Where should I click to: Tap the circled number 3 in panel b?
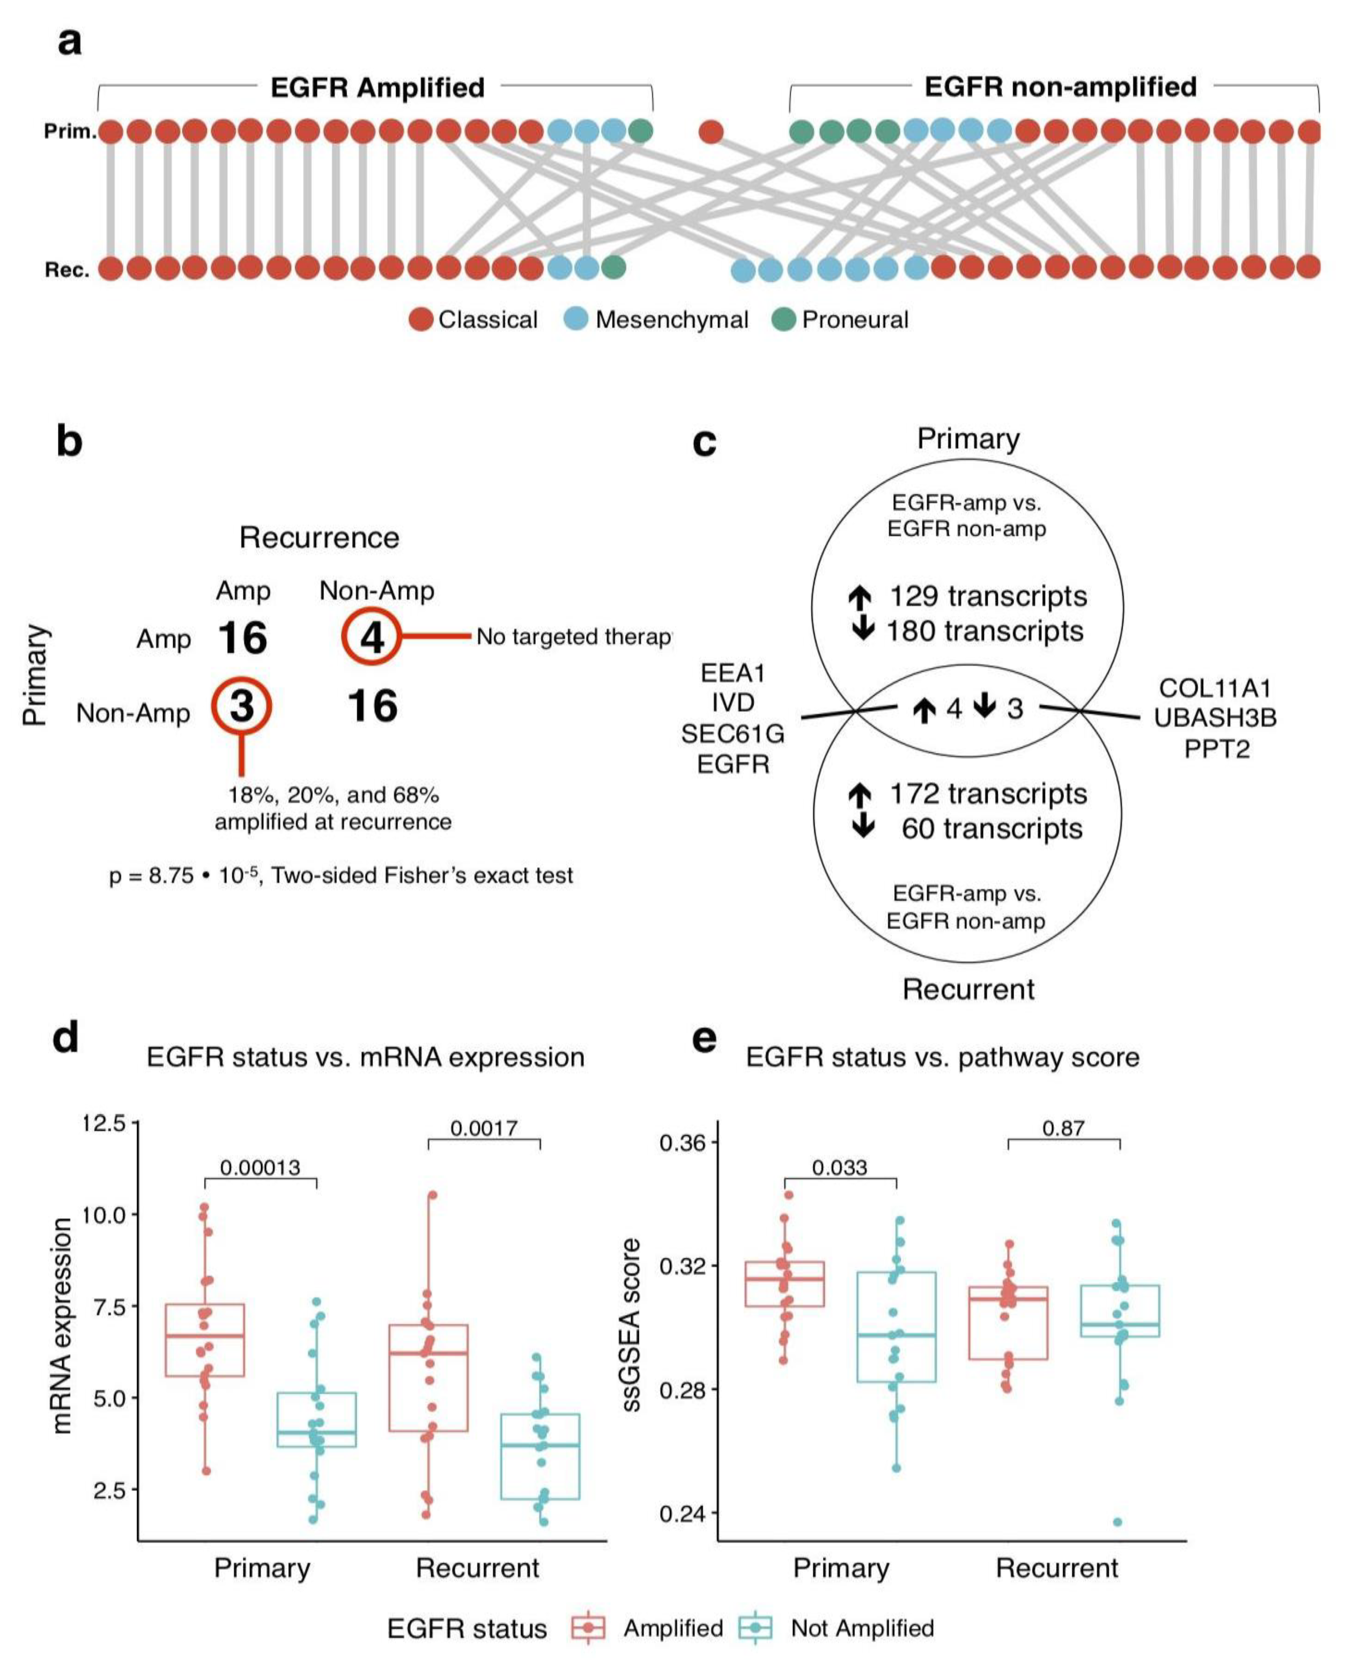click(x=242, y=706)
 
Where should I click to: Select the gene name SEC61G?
click(x=733, y=733)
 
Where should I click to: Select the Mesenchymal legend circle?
click(x=576, y=319)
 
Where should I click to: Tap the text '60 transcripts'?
click(x=992, y=828)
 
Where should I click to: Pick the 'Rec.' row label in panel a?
click(x=67, y=270)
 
